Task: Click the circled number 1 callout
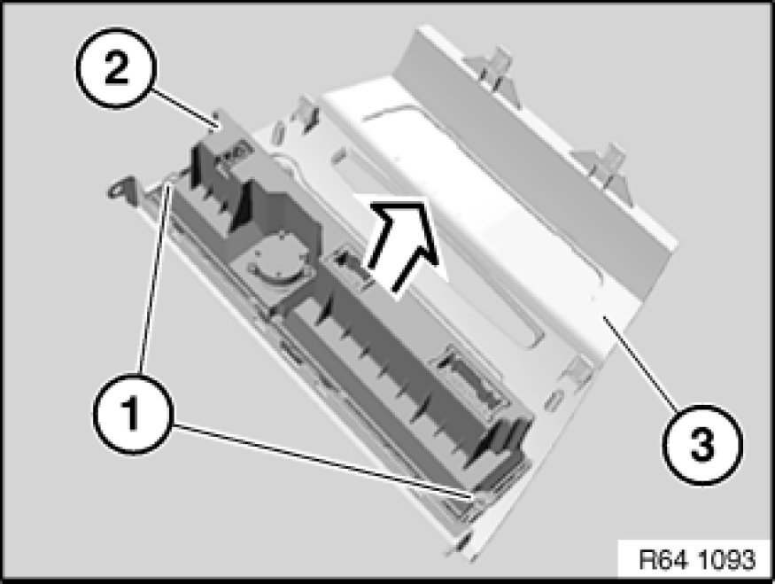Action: click(x=133, y=415)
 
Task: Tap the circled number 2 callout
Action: click(x=116, y=68)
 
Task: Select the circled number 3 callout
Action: click(x=701, y=444)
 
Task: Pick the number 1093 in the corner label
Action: click(x=727, y=560)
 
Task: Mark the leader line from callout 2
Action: click(x=182, y=107)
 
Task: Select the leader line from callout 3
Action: click(x=641, y=362)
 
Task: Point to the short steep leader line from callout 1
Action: click(x=155, y=278)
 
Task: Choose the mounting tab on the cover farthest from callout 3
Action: click(x=492, y=74)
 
